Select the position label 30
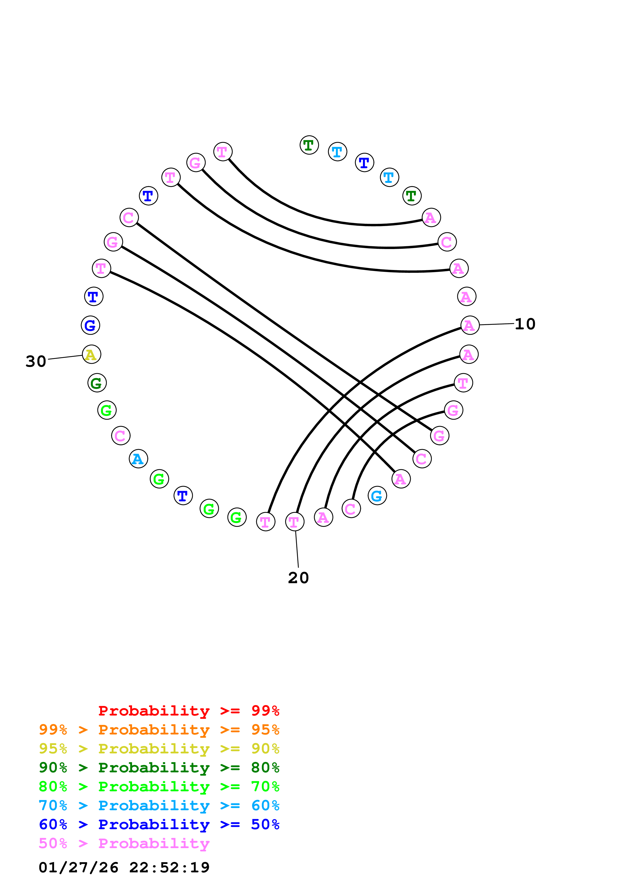pyautogui.click(x=36, y=362)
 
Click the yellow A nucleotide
pyautogui.click(x=91, y=354)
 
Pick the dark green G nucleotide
pyautogui.click(x=97, y=383)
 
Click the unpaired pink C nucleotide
pyautogui.click(x=121, y=436)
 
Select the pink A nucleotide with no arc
pyautogui.click(x=466, y=297)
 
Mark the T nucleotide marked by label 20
pyautogui.click(x=294, y=522)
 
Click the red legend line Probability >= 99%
pyautogui.click(x=188, y=711)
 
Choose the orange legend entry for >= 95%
pyautogui.click(x=159, y=730)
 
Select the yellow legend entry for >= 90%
pyautogui.click(x=159, y=749)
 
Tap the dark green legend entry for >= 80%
pyautogui.click(x=159, y=768)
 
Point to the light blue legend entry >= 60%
pyautogui.click(x=159, y=805)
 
